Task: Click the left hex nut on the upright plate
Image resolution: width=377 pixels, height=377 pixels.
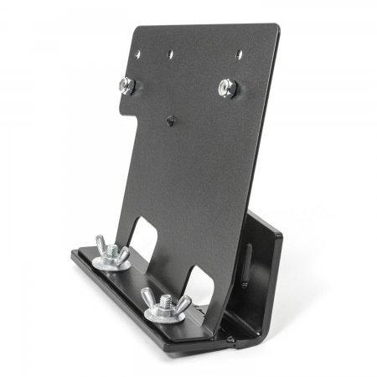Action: pos(127,85)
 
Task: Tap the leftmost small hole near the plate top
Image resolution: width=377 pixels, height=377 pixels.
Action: pos(138,55)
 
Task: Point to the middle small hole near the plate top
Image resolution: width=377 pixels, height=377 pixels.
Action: pos(170,55)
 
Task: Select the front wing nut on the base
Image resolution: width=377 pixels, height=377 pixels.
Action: pos(164,302)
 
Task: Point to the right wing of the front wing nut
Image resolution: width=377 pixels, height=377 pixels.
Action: pos(183,302)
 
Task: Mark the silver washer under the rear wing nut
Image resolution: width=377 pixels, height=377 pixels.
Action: pos(111,262)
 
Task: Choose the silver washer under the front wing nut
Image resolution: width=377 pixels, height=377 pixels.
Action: pos(164,314)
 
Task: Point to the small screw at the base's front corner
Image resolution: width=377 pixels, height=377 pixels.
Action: pos(230,339)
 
